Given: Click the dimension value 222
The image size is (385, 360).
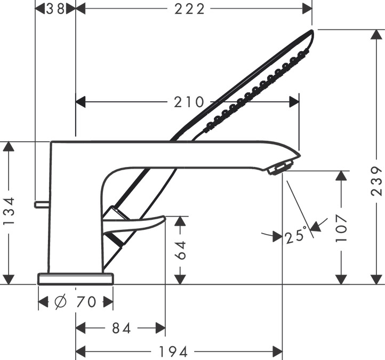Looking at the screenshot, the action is coord(189,9).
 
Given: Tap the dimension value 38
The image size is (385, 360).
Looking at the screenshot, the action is coord(55,9).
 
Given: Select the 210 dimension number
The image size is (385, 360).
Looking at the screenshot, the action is coord(189,102).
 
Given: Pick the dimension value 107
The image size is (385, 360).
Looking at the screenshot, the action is coord(341,228).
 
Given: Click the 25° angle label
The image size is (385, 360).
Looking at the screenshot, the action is coord(296,236).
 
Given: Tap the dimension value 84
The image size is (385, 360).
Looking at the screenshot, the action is coord(121,328).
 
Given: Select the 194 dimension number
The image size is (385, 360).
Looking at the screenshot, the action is coord(173,351).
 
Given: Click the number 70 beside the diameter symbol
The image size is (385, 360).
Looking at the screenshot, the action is coord(86,302).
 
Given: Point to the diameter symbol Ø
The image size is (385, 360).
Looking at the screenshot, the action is coord(60,302).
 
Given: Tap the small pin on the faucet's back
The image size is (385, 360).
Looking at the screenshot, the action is coord(42,204).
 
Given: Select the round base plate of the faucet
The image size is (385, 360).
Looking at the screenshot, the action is coord(76,278).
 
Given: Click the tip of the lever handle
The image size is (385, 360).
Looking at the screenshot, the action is coord(164,217).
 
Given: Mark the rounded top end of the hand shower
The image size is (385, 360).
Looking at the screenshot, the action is coord(312,31).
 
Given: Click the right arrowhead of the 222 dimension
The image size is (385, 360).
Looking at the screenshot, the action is coord(307,9).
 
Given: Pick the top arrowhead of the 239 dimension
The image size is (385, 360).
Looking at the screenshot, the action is coord(376,34).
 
